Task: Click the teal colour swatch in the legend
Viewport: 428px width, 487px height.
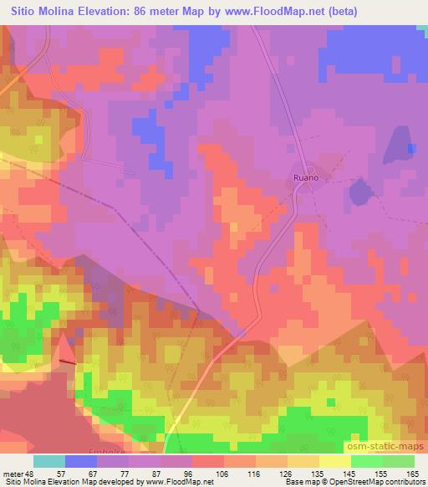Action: click(x=49, y=461)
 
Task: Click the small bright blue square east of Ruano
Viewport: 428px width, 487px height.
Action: click(x=411, y=148)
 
